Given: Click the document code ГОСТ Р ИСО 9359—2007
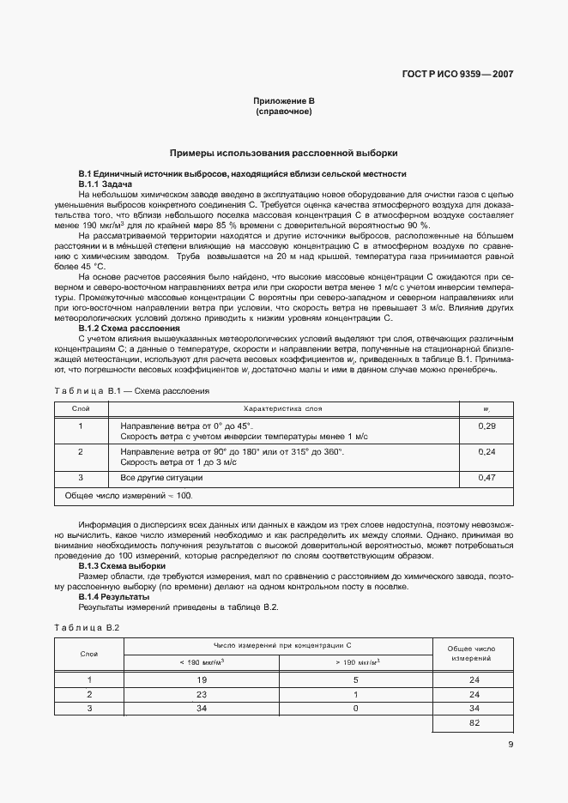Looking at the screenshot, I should click(464, 74).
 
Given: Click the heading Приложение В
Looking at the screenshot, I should click(283, 101).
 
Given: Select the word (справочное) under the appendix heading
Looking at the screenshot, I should click(283, 112).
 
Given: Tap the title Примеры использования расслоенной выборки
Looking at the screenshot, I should click(283, 153).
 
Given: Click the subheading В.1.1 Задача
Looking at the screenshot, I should click(106, 184).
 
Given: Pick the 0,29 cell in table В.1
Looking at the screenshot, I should click(486, 426).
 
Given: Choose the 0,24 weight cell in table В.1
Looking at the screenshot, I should click(486, 451).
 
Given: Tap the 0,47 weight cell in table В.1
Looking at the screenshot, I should click(486, 477).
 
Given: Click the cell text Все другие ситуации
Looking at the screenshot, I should click(161, 477).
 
